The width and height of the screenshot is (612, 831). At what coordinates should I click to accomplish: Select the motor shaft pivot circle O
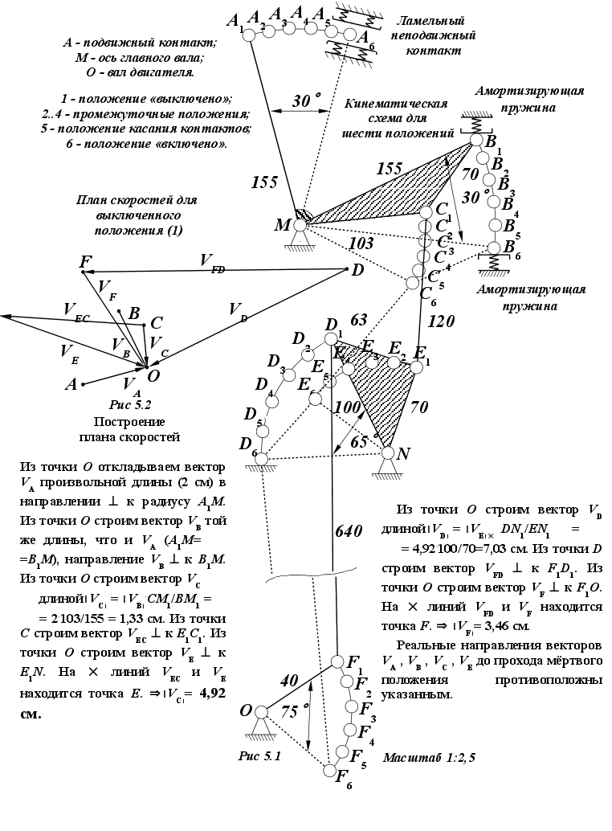pos(260,711)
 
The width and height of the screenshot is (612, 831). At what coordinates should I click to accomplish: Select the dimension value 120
pos(442,321)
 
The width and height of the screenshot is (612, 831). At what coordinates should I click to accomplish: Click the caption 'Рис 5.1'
pos(260,756)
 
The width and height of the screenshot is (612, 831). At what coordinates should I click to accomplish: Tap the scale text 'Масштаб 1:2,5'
pos(429,758)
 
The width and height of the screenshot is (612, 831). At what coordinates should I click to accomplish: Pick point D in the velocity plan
pos(346,268)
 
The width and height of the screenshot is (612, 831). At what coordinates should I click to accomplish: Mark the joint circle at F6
pos(330,771)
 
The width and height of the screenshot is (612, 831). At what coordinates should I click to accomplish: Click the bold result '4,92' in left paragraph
pos(215,697)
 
